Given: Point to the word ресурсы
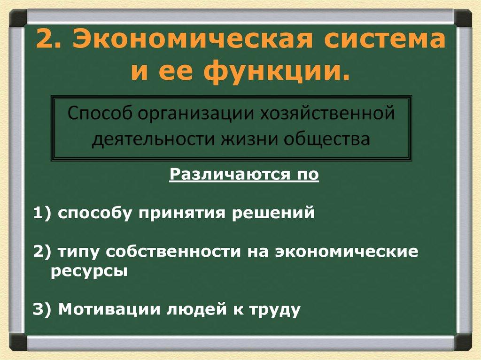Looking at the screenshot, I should [x=89, y=272].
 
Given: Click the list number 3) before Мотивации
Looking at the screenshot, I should [x=43, y=310].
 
